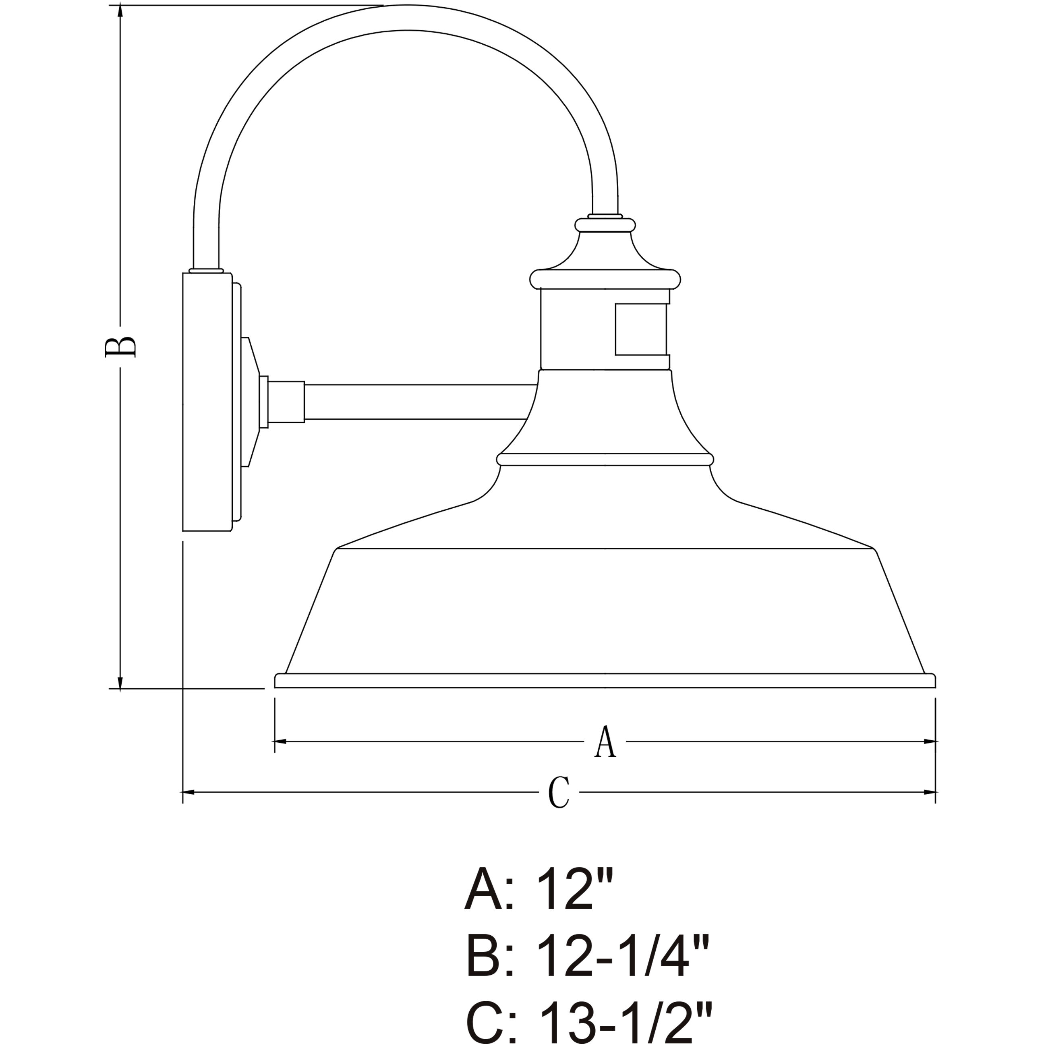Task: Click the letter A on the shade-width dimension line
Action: [x=605, y=742]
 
